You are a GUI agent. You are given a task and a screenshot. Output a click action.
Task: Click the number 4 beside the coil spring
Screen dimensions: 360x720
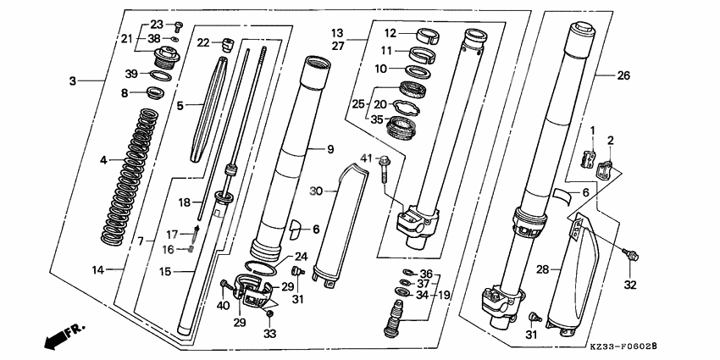(103, 159)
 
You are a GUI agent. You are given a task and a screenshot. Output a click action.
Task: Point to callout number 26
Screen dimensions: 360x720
(623, 75)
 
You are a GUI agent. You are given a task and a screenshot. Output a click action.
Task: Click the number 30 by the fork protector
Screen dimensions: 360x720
(315, 191)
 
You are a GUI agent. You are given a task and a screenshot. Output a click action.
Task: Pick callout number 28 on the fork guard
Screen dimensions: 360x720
(543, 269)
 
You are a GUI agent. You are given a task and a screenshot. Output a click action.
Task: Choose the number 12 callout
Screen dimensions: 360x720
(390, 33)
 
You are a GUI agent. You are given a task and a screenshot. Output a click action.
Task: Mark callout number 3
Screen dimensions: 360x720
(73, 80)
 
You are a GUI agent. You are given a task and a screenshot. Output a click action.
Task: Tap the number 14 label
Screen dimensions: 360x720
(97, 270)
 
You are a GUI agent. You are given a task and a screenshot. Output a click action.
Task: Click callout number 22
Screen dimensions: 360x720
(202, 43)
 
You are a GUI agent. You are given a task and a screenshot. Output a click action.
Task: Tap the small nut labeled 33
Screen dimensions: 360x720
(270, 316)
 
